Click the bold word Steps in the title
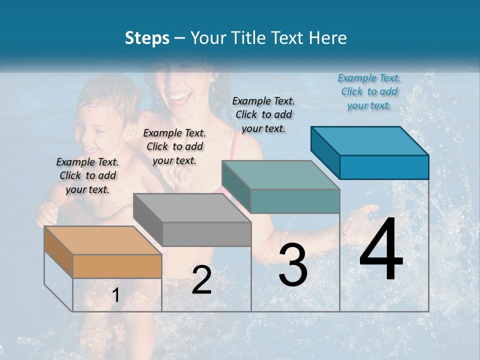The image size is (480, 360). [147, 38]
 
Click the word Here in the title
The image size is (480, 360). [328, 38]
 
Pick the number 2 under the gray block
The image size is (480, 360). [201, 280]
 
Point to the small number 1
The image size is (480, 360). [116, 295]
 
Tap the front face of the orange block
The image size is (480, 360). [117, 266]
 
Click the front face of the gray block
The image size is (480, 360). [207, 234]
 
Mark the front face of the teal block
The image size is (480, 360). [295, 201]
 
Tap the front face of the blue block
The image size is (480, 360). [384, 167]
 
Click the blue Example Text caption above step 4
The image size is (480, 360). [369, 91]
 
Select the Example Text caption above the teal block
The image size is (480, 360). [263, 114]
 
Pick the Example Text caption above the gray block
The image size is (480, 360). [174, 146]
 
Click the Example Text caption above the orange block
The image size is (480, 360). [87, 175]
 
